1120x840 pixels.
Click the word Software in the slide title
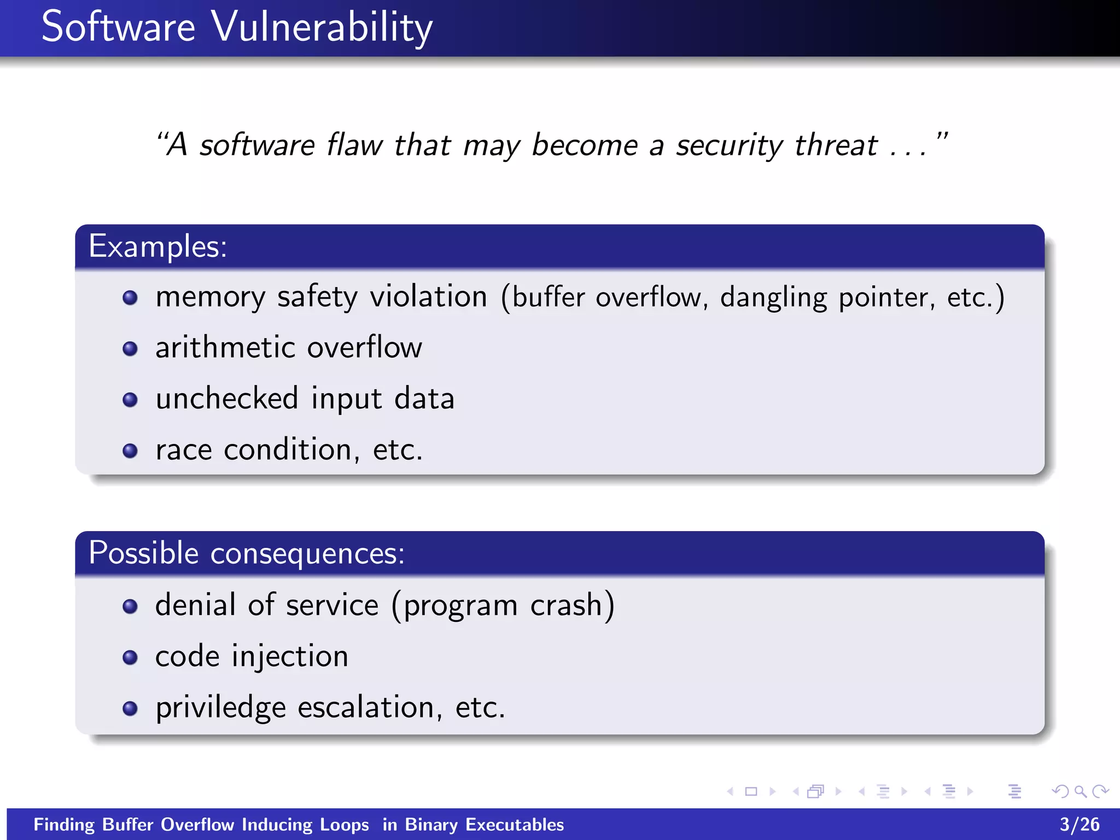(x=118, y=27)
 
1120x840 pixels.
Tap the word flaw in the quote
(x=354, y=145)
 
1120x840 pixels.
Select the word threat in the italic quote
(x=836, y=145)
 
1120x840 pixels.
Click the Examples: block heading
(x=157, y=246)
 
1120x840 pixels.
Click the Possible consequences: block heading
(x=246, y=553)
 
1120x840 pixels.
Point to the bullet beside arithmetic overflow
(x=130, y=348)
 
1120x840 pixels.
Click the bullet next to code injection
(x=130, y=657)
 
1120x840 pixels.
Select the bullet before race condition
(x=130, y=451)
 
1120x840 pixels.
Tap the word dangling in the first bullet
(x=773, y=299)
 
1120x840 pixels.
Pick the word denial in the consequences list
(x=195, y=605)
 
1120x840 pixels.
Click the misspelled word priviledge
(x=220, y=708)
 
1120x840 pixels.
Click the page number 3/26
(x=1079, y=824)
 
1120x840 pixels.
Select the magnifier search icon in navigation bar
(x=1080, y=791)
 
